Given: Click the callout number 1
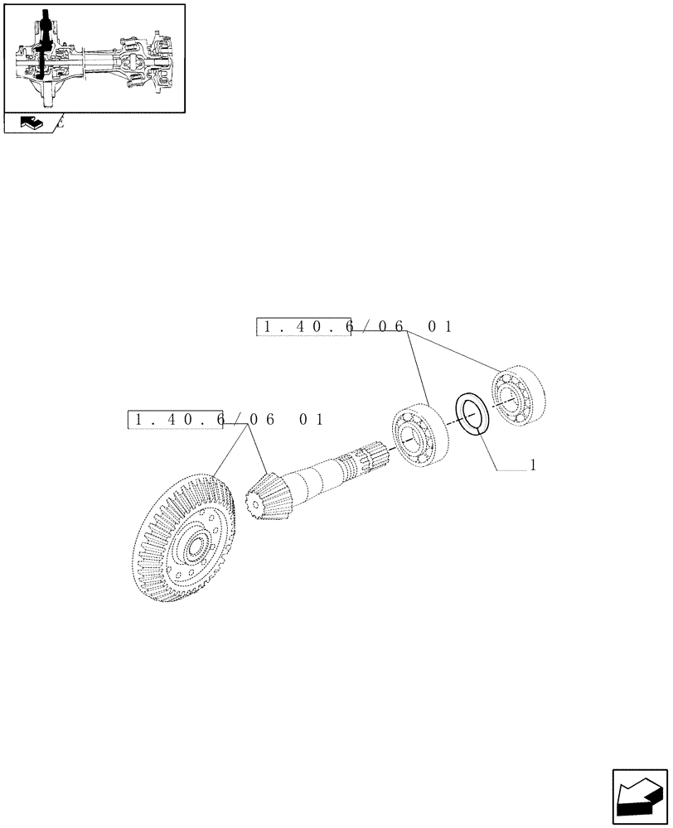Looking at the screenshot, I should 533,465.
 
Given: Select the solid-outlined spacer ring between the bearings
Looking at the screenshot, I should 473,413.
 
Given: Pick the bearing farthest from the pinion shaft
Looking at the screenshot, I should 516,397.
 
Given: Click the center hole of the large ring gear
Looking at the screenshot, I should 197,547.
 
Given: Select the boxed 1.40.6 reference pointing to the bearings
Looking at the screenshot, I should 304,327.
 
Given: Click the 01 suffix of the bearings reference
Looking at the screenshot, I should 440,327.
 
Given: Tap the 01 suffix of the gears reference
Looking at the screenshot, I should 312,420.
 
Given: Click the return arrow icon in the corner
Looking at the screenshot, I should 641,797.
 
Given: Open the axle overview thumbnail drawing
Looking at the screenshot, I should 94,57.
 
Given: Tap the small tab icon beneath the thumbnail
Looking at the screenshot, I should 31,123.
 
